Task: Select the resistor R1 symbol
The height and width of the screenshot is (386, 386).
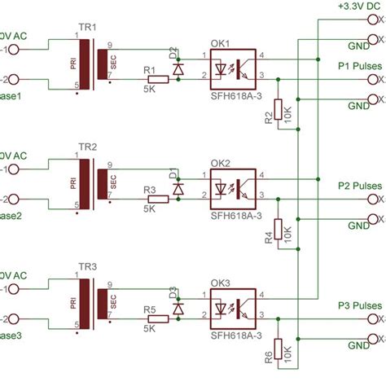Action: coord(159,80)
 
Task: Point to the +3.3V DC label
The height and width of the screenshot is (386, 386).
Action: coord(357,6)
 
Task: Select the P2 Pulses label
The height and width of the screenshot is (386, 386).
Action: coord(359,185)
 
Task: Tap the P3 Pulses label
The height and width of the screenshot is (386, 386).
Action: coord(359,305)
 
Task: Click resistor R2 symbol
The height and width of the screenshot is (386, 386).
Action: coord(279,111)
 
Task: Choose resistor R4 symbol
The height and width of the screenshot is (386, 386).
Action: coord(279,230)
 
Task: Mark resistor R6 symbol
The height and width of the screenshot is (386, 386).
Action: coord(279,350)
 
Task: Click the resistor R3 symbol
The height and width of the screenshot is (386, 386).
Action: coord(159,199)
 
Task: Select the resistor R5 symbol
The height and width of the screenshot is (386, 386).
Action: coord(159,319)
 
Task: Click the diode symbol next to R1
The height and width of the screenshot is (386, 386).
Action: coord(178,68)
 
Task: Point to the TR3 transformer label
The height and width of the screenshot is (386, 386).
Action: coord(87,267)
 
